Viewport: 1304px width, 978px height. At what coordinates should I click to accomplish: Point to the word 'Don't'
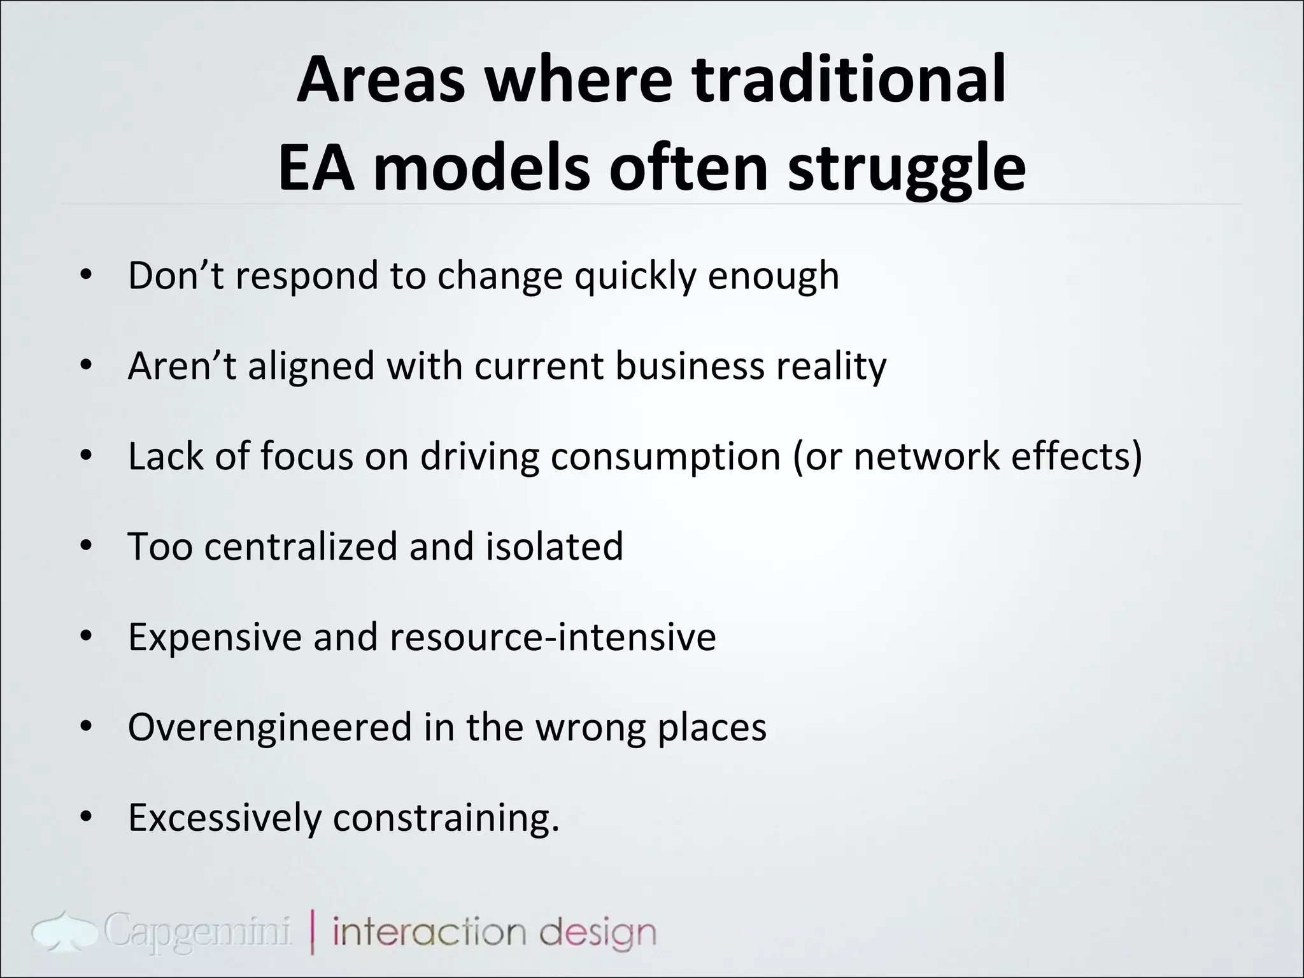176,275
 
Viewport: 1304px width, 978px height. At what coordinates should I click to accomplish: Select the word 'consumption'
665,457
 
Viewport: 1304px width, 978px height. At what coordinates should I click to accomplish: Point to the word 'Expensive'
215,637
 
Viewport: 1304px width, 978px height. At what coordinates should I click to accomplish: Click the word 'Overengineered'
270,728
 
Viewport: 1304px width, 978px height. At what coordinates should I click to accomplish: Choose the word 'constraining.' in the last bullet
446,818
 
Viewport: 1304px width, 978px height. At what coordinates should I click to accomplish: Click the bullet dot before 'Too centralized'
87,546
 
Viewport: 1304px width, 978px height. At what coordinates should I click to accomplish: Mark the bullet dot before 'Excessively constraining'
87,818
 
